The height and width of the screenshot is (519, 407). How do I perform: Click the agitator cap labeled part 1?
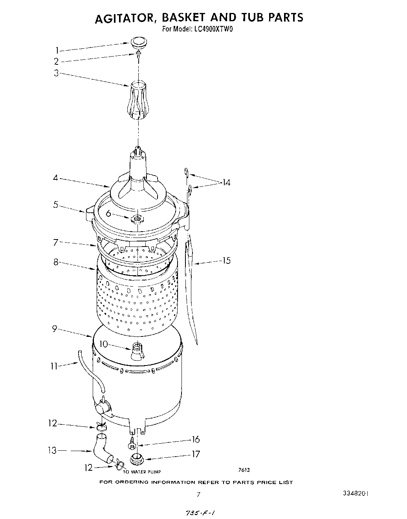point(137,42)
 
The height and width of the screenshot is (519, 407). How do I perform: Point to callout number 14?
point(226,182)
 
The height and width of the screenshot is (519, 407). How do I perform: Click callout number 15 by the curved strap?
point(226,260)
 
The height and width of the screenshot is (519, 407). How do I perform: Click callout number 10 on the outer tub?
point(103,344)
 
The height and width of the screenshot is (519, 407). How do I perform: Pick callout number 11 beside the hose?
point(54,366)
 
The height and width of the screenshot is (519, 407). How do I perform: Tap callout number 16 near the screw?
point(196,439)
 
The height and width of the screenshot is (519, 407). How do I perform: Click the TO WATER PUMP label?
point(142,472)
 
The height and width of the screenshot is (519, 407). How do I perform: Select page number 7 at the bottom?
point(199,494)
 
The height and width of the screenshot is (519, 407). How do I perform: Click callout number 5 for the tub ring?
point(56,204)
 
